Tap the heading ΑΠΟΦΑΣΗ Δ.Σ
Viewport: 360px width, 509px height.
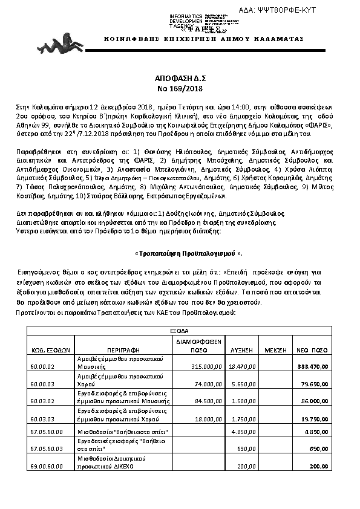tap(180, 79)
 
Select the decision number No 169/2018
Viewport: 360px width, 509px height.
tap(180, 88)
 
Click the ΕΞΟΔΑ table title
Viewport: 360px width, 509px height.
tap(179, 331)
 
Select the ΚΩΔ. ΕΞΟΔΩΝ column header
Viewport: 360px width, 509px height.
tap(51, 349)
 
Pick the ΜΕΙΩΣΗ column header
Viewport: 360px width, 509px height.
tap(273, 349)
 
